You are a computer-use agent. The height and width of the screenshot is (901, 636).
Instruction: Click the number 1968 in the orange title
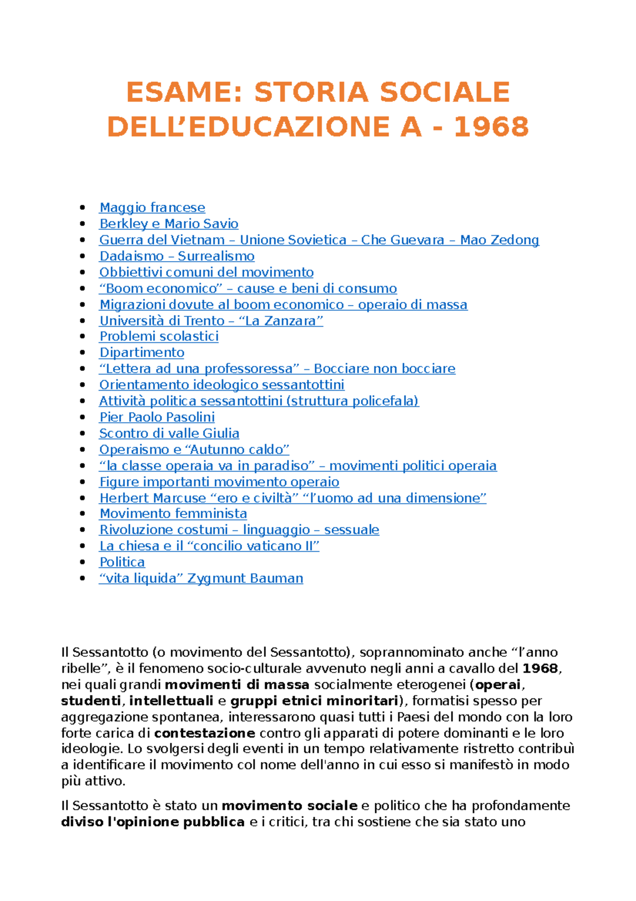click(x=491, y=127)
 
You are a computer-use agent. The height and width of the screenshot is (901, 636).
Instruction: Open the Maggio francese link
click(x=152, y=207)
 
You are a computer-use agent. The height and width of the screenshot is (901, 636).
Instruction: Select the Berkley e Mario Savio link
click(x=169, y=223)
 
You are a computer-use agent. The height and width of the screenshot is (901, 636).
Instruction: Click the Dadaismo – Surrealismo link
click(x=176, y=256)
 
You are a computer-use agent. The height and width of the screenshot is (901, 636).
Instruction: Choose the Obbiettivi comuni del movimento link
click(x=206, y=272)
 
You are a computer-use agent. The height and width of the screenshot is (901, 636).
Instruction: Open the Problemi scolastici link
click(x=159, y=336)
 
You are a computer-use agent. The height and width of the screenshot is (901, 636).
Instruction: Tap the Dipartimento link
click(x=142, y=352)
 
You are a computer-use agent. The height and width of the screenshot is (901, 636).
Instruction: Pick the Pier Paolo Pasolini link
click(x=157, y=417)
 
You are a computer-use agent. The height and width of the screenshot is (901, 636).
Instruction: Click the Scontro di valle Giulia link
click(x=169, y=433)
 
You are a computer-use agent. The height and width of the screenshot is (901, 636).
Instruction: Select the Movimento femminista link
click(x=173, y=514)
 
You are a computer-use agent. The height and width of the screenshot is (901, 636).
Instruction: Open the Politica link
click(x=122, y=562)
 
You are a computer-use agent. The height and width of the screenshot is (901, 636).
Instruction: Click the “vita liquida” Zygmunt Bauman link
click(x=201, y=578)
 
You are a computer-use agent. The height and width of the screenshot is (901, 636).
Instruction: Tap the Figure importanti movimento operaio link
click(x=219, y=482)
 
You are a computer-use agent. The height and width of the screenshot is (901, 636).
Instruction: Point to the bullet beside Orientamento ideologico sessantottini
click(x=82, y=385)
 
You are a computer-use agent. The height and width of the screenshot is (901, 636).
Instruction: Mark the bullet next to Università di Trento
click(x=82, y=320)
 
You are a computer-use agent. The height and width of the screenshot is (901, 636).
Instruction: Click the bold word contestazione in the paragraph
click(x=205, y=733)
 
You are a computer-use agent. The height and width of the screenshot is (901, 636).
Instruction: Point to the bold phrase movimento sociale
click(x=289, y=805)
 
